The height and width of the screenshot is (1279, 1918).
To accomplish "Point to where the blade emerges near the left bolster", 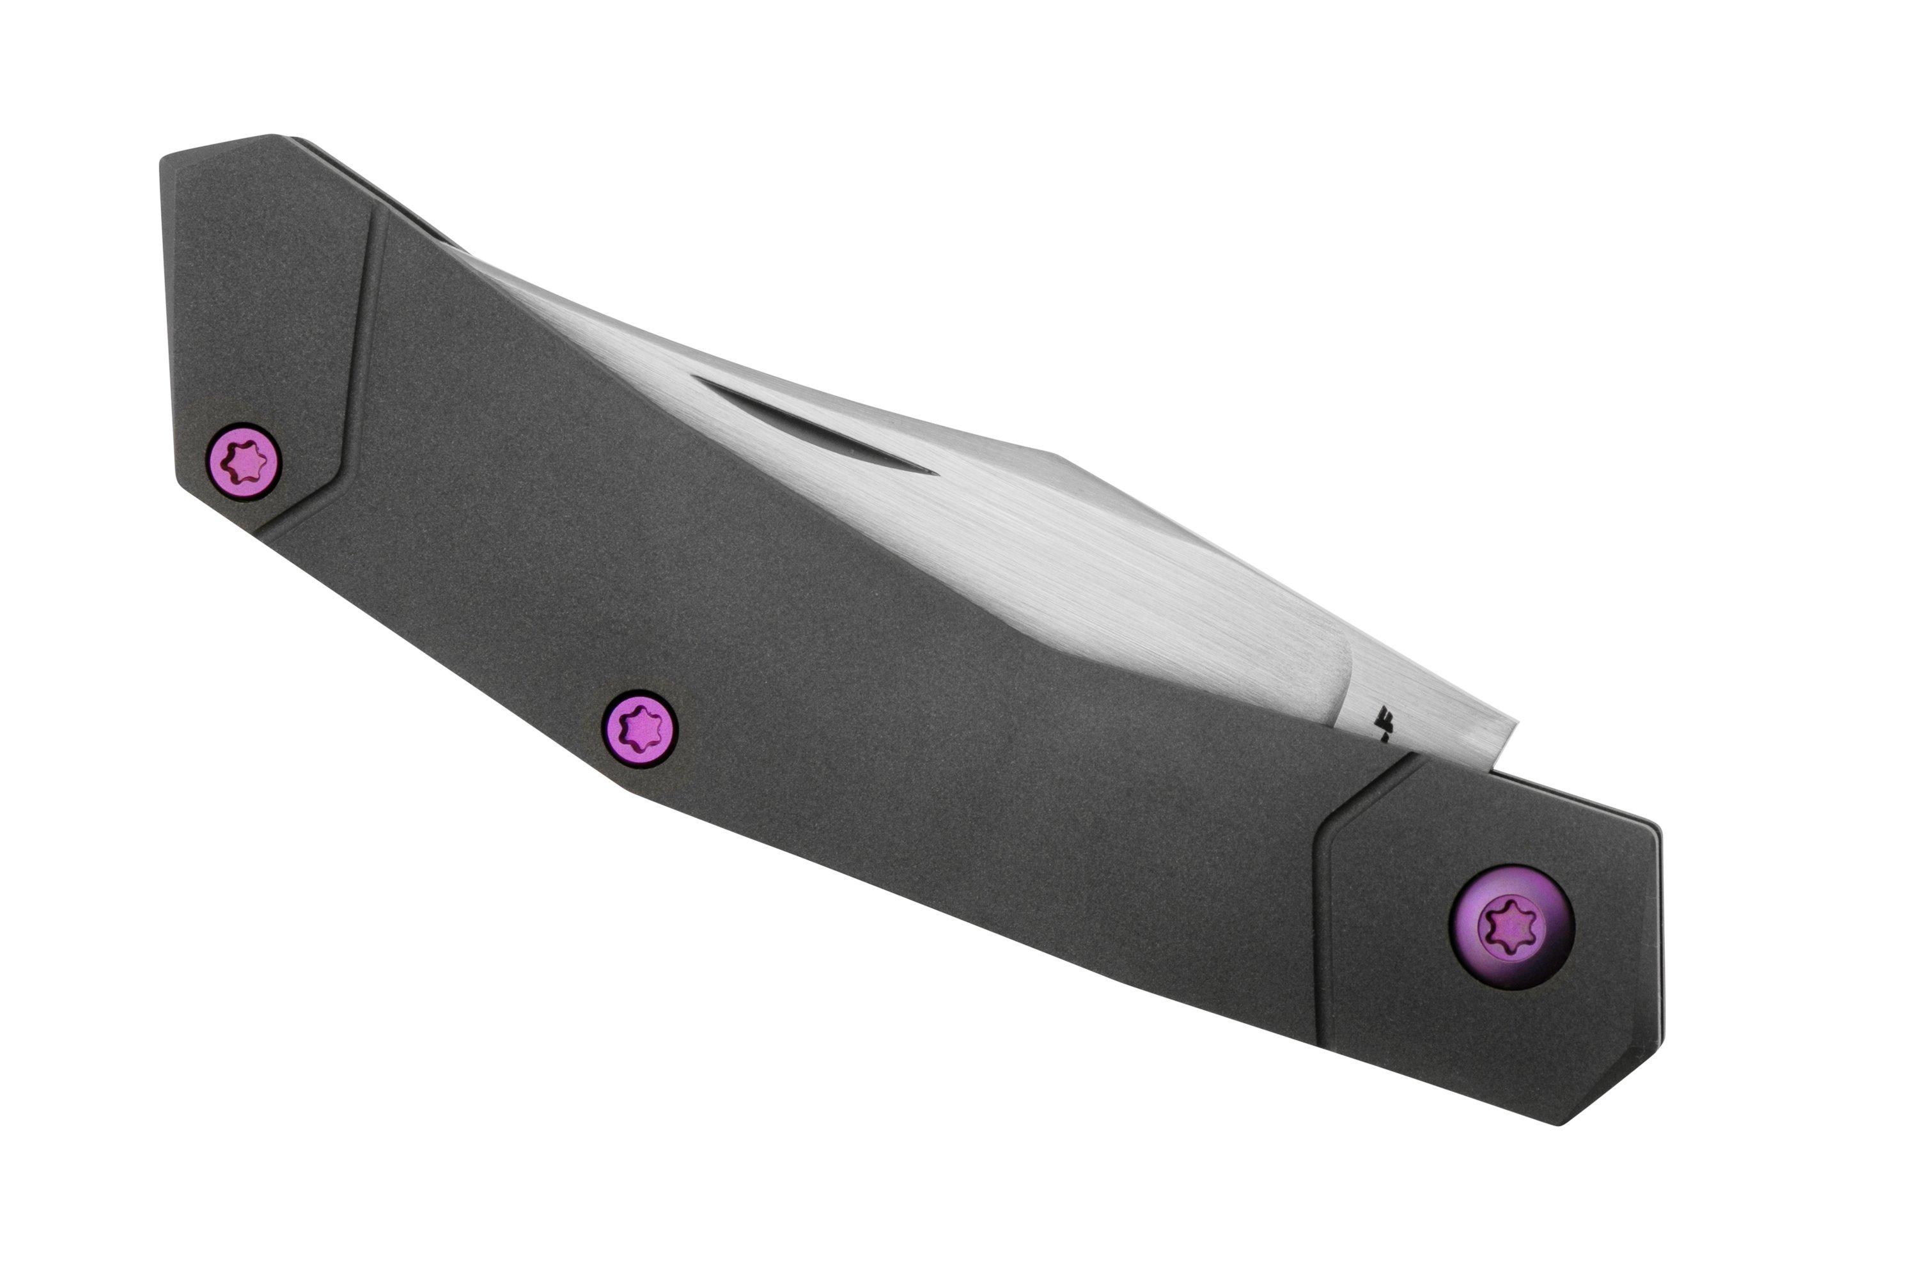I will click(456, 245).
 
